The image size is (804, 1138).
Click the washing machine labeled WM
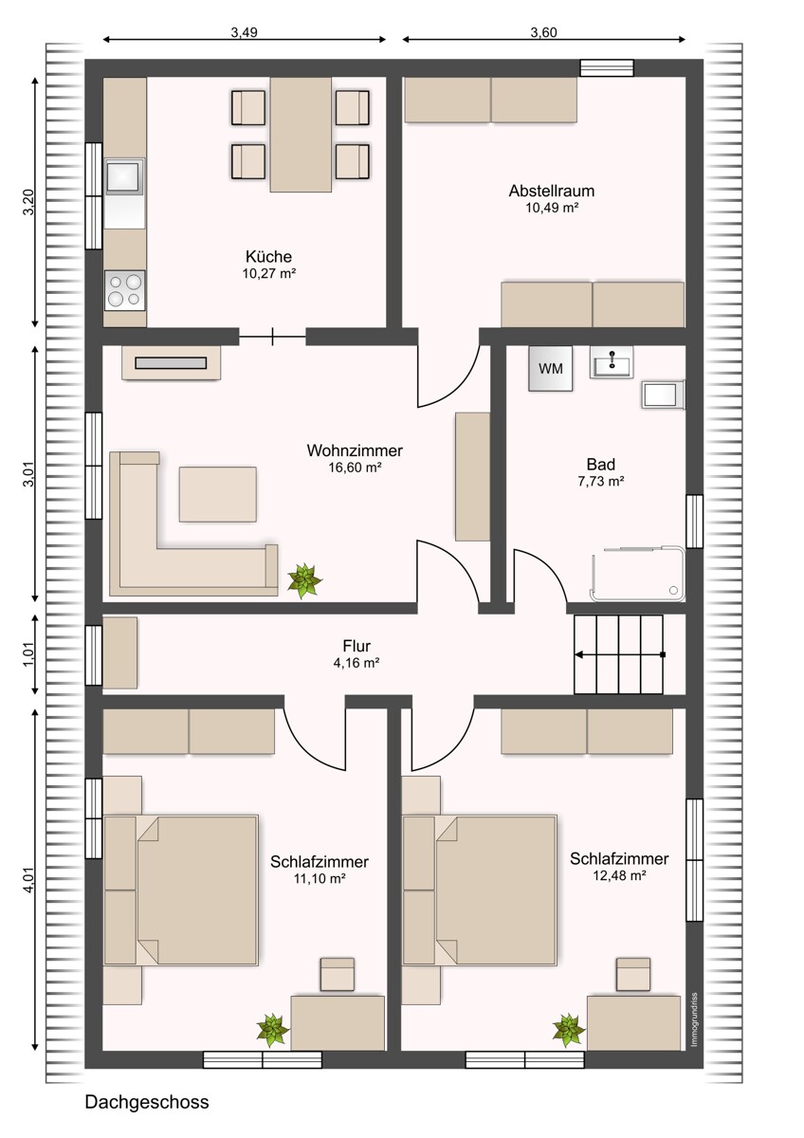(x=551, y=369)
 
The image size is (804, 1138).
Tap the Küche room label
(x=268, y=256)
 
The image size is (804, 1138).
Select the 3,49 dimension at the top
(x=244, y=31)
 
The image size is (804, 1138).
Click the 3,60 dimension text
(x=543, y=31)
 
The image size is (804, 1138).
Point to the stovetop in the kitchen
(x=124, y=289)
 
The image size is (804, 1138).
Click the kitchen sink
(x=123, y=176)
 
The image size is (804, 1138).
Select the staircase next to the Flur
(x=618, y=654)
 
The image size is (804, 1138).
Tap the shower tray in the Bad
(x=637, y=574)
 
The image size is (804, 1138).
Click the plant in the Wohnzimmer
(x=304, y=579)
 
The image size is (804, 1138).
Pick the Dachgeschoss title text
(x=147, y=1102)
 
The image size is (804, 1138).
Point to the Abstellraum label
(x=552, y=191)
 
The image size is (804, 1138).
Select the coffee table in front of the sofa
(x=217, y=493)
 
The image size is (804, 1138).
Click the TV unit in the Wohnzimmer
(x=171, y=362)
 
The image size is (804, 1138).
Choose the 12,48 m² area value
(x=619, y=876)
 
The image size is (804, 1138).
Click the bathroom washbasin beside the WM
(x=612, y=361)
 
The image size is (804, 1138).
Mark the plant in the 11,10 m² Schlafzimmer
(x=273, y=1028)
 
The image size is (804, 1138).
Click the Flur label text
(x=356, y=647)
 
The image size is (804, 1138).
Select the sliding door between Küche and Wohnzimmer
(x=272, y=336)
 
